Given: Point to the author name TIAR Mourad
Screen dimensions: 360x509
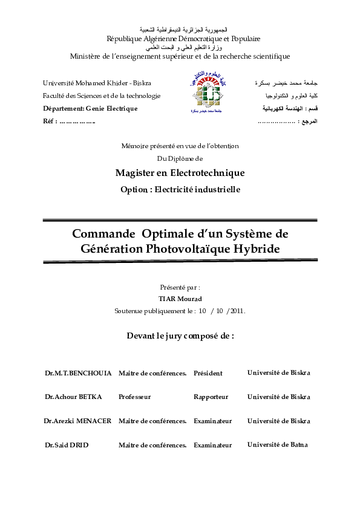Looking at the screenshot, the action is pyautogui.click(x=180, y=299).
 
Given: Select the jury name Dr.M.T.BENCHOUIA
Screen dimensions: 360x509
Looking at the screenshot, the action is pyautogui.click(x=78, y=373).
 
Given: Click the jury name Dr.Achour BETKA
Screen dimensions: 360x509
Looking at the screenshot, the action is pyautogui.click(x=73, y=397).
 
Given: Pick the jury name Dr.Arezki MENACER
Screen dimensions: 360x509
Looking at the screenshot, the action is pyautogui.click(x=77, y=421).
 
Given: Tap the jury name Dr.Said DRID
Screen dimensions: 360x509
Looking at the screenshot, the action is pyautogui.click(x=67, y=445).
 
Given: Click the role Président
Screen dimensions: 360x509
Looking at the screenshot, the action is pyautogui.click(x=208, y=373).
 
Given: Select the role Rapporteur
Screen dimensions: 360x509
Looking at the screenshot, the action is pyautogui.click(x=211, y=397).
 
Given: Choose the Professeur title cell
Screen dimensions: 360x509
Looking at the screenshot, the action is pyautogui.click(x=134, y=397).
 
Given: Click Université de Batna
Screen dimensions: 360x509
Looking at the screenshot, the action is pyautogui.click(x=277, y=445).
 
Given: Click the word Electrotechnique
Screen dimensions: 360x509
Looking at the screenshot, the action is pyautogui.click(x=206, y=173).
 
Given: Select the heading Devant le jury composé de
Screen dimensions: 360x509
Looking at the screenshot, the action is pyautogui.click(x=180, y=335).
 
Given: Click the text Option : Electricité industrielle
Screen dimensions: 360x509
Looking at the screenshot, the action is pyautogui.click(x=180, y=189).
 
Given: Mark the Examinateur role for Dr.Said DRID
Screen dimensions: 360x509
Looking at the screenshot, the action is pyautogui.click(x=212, y=446).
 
